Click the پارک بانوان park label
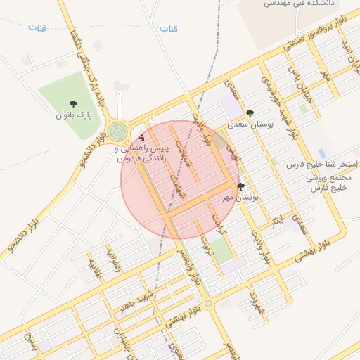[73, 115]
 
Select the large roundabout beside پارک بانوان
[117, 131]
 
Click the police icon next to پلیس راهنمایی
[142, 137]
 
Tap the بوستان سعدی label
[250, 124]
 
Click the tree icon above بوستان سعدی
[250, 113]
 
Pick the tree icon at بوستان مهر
[241, 187]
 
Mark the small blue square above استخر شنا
[321, 153]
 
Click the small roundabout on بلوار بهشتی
[208, 304]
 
